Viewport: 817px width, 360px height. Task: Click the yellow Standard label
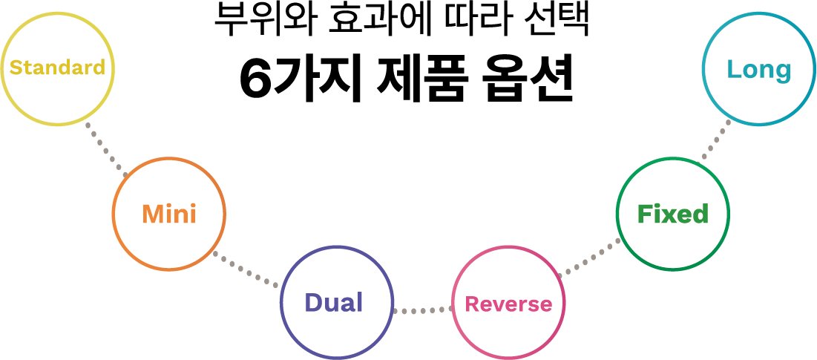pyautogui.click(x=57, y=68)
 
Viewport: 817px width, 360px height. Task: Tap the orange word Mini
pyautogui.click(x=169, y=214)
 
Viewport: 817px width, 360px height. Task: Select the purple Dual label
pyautogui.click(x=333, y=302)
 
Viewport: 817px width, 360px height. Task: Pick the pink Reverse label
pyautogui.click(x=508, y=304)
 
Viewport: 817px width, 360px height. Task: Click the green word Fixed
pyautogui.click(x=672, y=214)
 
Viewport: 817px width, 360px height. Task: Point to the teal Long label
pyautogui.click(x=759, y=70)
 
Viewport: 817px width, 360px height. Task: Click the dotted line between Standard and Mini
pyautogui.click(x=107, y=150)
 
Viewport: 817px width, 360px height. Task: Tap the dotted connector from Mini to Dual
pyautogui.click(x=246, y=270)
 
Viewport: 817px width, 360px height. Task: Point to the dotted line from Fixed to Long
pyautogui.click(x=716, y=139)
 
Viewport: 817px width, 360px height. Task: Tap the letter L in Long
pyautogui.click(x=735, y=69)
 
